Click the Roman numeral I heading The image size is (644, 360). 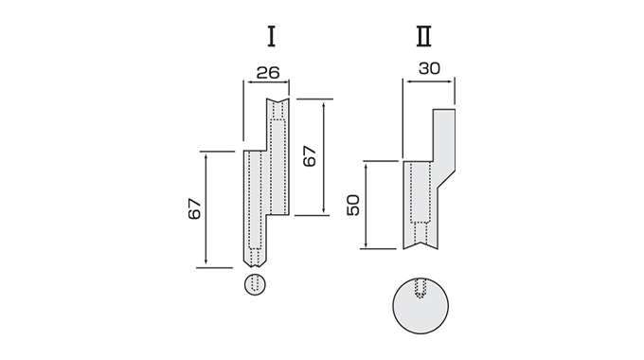coord(271,36)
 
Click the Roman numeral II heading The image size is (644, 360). coord(424,36)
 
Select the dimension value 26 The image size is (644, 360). coord(268,73)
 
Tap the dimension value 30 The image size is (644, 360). coord(430,68)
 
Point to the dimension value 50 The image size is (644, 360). coord(353,205)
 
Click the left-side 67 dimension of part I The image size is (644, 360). coord(195,208)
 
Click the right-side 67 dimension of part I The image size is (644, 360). coord(310,156)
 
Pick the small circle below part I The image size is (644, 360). coord(255,284)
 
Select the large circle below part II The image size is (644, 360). coord(420,306)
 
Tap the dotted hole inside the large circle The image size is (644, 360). coord(420,288)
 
